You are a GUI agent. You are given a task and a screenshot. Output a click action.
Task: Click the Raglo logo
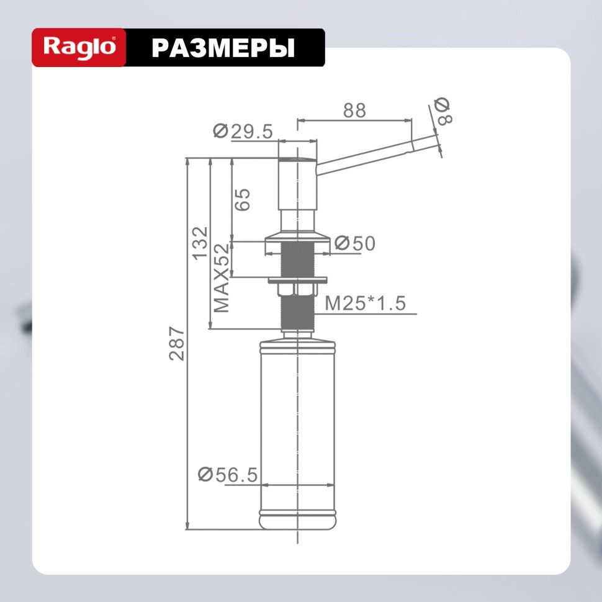[79, 47]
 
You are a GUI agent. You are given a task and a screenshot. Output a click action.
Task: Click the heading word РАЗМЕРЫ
[223, 48]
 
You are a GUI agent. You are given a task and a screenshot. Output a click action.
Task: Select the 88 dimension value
[354, 110]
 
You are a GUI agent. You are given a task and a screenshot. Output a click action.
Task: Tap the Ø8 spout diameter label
[443, 112]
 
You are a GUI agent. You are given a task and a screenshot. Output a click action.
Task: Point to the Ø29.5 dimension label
[243, 131]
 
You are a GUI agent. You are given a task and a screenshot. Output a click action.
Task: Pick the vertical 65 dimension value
[242, 199]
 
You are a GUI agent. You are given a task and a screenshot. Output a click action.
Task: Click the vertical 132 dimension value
[200, 243]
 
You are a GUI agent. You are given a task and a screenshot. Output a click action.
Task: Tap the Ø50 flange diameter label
[355, 244]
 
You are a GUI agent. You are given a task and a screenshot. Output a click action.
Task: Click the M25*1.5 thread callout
[365, 303]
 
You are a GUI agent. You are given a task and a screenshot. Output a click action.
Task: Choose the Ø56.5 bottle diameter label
[227, 475]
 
